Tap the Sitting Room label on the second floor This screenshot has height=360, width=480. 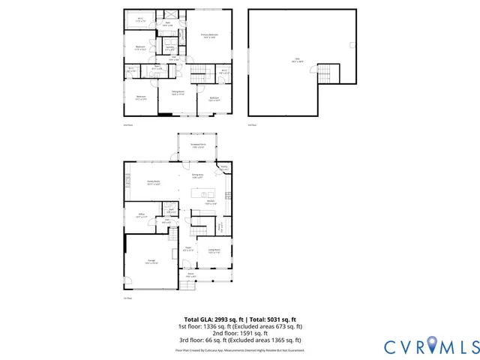tap(178, 94)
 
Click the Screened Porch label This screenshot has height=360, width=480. tap(197, 146)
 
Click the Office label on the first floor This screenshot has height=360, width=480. tap(140, 215)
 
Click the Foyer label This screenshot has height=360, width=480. tap(189, 250)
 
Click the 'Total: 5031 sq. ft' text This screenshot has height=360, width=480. tap(274, 319)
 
